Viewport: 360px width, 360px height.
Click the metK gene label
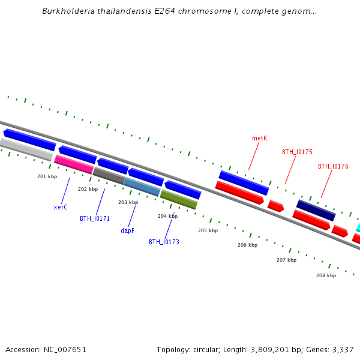pyautogui.click(x=259, y=138)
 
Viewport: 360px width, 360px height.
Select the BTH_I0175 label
pyautogui.click(x=297, y=152)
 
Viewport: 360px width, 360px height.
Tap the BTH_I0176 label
pyautogui.click(x=333, y=166)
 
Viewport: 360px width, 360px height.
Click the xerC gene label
pyautogui.click(x=61, y=207)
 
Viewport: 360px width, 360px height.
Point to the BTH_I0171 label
pyautogui.click(x=95, y=218)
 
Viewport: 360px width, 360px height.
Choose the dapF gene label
pyautogui.click(x=127, y=230)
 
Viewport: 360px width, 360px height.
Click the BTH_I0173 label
pyautogui.click(x=164, y=242)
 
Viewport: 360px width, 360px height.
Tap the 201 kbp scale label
pyautogui.click(x=47, y=176)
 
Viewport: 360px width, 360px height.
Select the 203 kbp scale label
pyautogui.click(x=128, y=202)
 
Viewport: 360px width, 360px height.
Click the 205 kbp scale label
pyautogui.click(x=208, y=230)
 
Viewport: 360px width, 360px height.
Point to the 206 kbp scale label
pyautogui.click(x=247, y=245)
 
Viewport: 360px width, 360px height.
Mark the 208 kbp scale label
pyautogui.click(x=326, y=275)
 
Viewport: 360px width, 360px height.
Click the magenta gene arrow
pyautogui.click(x=74, y=164)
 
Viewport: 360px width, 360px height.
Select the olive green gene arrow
pyautogui.click(x=178, y=199)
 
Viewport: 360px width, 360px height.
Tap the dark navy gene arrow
pyautogui.click(x=316, y=210)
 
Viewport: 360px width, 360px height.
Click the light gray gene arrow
pyautogui.click(x=26, y=149)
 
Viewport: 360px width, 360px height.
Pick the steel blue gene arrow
pyautogui.click(x=142, y=187)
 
